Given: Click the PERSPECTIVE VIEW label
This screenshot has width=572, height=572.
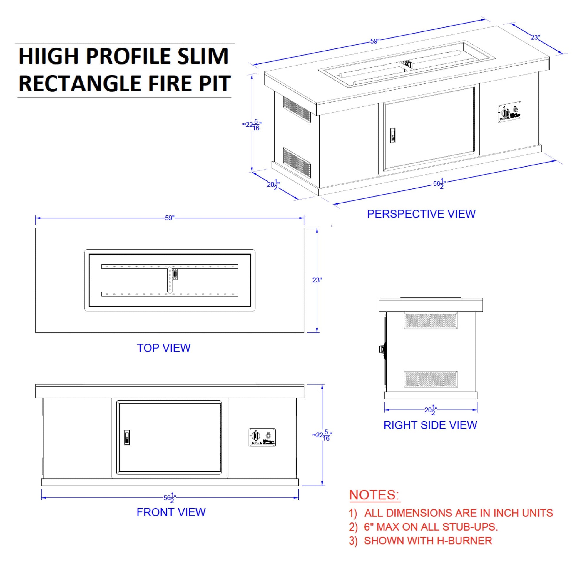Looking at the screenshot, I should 421,214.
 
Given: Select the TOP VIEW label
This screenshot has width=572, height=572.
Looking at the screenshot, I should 163,348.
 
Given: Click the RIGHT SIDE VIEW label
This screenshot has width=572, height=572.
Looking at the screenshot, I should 430,425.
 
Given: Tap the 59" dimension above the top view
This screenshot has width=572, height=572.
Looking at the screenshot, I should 170,218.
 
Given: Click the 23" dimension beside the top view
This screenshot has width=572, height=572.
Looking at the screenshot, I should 317,280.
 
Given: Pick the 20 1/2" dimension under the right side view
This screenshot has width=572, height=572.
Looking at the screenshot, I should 431,410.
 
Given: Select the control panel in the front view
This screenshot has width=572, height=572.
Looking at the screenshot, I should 262,437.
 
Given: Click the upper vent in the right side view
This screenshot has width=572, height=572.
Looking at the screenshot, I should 431,320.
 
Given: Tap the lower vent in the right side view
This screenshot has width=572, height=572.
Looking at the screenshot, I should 431,379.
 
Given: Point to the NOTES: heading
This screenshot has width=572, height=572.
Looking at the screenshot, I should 374,495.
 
